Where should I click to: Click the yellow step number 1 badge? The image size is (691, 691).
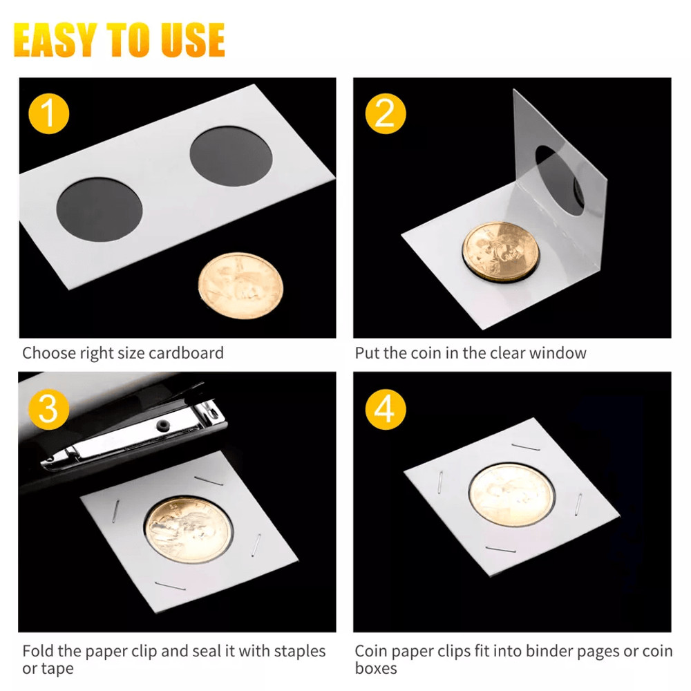pyautogui.click(x=48, y=113)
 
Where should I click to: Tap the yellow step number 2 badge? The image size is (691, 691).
pyautogui.click(x=384, y=113)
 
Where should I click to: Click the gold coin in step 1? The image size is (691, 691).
pyautogui.click(x=240, y=285)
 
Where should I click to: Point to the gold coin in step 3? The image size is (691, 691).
pyautogui.click(x=188, y=531)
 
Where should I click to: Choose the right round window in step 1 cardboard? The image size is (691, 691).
pyautogui.click(x=231, y=156)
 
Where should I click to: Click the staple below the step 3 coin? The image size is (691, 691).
pyautogui.click(x=169, y=586)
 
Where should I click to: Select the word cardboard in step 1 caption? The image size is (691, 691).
pyautogui.click(x=189, y=353)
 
